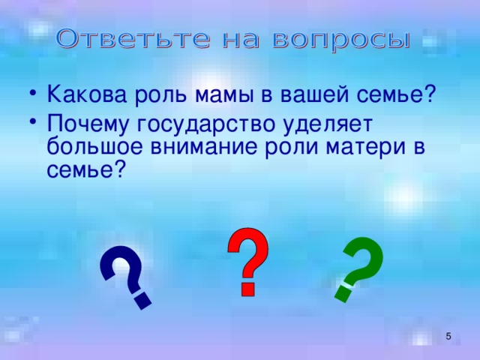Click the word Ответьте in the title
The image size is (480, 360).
tap(133, 40)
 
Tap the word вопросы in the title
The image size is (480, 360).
tap(341, 40)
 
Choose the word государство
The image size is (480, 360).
tap(205, 125)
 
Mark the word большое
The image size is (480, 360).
tap(95, 146)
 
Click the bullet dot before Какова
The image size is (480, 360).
tap(33, 92)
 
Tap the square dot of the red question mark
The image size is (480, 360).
tap(247, 289)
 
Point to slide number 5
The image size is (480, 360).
tap(448, 336)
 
